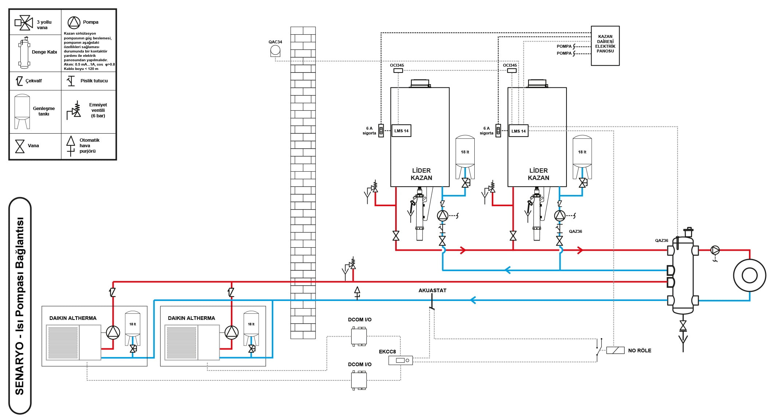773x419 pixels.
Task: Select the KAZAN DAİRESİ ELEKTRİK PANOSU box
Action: point(605,46)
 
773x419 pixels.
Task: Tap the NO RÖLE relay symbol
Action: point(615,350)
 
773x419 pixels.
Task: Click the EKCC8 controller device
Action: point(400,360)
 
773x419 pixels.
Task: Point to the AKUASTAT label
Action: point(432,290)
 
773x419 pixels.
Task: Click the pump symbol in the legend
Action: point(74,23)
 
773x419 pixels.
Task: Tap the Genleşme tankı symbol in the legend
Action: point(22,112)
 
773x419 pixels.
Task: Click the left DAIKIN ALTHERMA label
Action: point(73,318)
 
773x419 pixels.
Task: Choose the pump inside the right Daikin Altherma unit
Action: point(231,332)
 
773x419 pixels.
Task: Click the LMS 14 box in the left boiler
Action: point(401,131)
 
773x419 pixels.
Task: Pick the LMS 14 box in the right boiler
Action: point(518,131)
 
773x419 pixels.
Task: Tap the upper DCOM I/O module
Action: point(359,336)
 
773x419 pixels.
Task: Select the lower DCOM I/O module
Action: point(359,380)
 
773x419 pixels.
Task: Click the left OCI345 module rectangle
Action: point(398,70)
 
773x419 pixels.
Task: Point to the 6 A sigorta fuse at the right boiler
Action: point(498,131)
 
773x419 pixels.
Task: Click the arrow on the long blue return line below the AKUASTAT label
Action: point(473,300)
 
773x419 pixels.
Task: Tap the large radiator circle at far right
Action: point(750,275)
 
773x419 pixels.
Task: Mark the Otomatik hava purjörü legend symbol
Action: point(71,146)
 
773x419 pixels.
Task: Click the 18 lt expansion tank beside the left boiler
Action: point(465,157)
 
